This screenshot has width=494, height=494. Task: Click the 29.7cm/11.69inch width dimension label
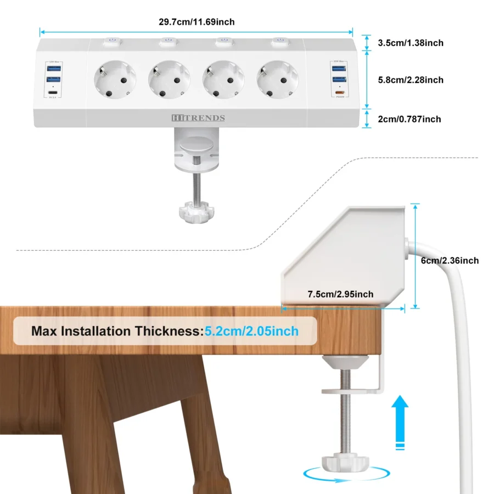[196, 22]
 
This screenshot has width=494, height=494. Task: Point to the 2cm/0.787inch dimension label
[409, 119]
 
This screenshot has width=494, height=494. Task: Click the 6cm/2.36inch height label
[450, 260]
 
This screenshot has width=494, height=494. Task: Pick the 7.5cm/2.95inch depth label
[340, 294]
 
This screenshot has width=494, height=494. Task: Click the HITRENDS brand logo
[197, 118]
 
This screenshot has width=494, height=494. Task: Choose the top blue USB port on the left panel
[54, 69]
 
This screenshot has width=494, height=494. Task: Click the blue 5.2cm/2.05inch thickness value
[251, 331]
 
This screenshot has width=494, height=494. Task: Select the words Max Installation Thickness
[116, 331]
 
